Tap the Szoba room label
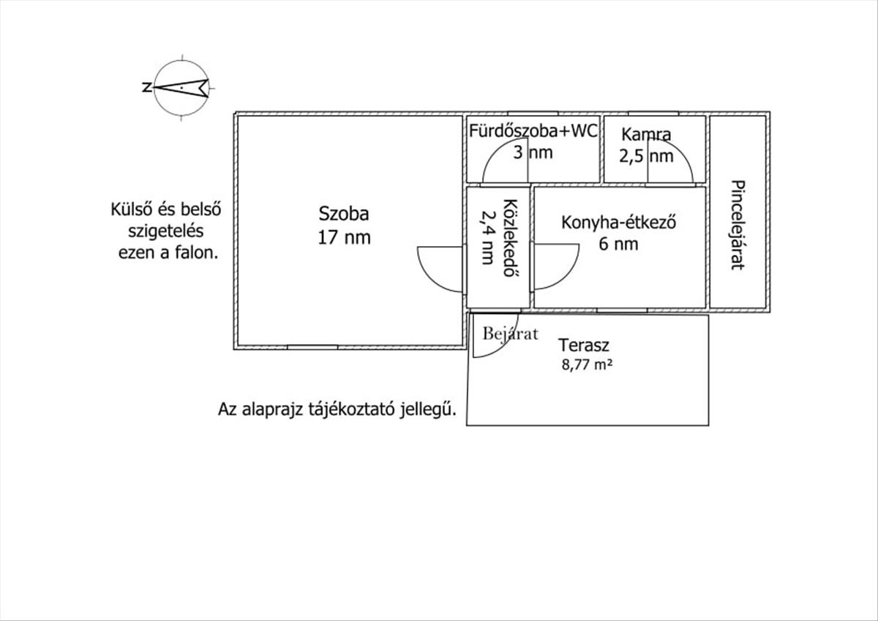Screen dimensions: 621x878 tap(344, 214)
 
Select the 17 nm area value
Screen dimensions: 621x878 tap(344, 237)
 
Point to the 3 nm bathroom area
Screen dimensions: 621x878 tap(532, 153)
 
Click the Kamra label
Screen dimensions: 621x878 tap(646, 135)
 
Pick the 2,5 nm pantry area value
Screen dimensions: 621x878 tap(646, 155)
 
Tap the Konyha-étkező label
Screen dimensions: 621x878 tap(617, 223)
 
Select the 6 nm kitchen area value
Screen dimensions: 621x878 tap(618, 244)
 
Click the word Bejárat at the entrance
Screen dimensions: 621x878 tap(510, 334)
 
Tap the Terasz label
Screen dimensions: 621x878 tap(584, 345)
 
